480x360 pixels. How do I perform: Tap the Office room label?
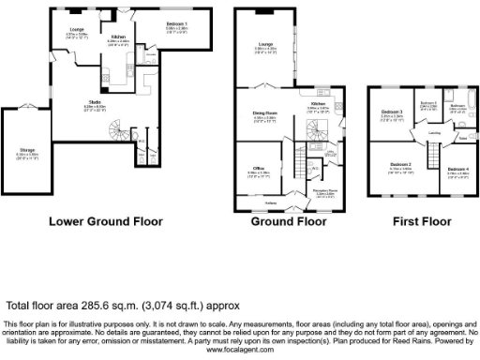pos(258,170)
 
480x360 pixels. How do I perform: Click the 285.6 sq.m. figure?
pos(115,305)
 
